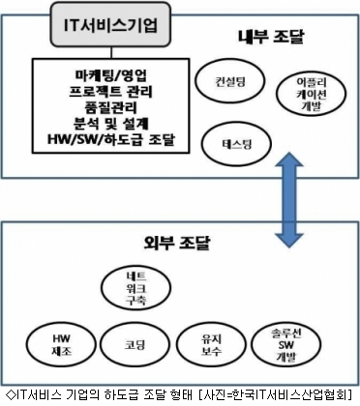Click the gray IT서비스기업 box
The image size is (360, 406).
pos(110,24)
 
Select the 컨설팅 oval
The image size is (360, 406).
pos(230,81)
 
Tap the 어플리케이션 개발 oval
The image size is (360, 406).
pos(312,94)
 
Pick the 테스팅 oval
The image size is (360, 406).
pos(237,144)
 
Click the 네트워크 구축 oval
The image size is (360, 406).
pos(135,288)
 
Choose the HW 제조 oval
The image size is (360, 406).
pos(61,345)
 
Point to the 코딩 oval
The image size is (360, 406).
pos(135,345)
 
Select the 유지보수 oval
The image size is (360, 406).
pos(211,345)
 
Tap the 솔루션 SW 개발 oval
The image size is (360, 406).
pos(285,345)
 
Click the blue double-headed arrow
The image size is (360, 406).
pos(288,200)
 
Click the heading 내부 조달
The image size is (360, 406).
pos(271,37)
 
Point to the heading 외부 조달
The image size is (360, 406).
pos(176,243)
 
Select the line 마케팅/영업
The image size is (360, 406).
pos(110,75)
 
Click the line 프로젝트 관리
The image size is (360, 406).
pos(110,92)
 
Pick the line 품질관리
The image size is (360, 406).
pos(110,107)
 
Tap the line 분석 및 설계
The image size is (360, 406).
pos(110,124)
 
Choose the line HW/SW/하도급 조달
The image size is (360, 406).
pos(110,140)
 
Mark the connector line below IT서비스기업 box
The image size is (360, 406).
pos(111,52)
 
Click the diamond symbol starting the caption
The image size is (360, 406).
pos(11,394)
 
